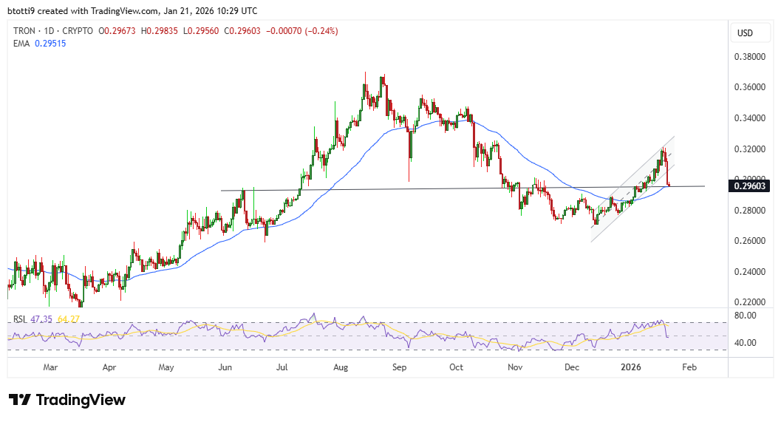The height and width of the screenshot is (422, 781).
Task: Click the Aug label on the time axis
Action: pos(341,367)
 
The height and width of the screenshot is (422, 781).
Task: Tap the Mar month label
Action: pos(50,367)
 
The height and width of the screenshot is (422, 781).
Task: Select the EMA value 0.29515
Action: pos(51,43)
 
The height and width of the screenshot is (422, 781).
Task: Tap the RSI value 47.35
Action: pos(41,319)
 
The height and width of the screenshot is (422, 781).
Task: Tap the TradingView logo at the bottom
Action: pos(67,400)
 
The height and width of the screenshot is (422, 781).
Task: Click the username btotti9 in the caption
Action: pos(24,11)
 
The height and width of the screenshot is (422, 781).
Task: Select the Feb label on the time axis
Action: pos(689,367)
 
